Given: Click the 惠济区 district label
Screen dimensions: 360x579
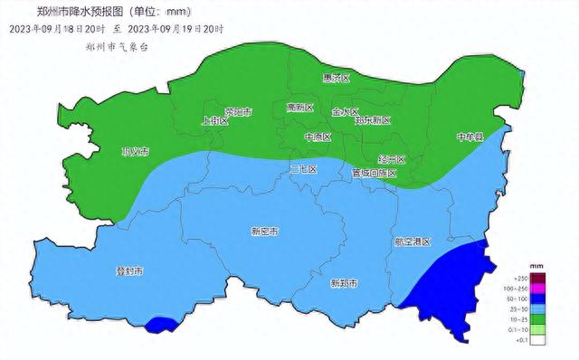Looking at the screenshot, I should tap(335, 79).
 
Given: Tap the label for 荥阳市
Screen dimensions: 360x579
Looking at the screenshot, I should tap(238, 112).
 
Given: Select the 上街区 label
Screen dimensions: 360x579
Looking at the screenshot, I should tap(214, 119).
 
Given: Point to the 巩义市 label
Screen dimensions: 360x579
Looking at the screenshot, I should tap(135, 151).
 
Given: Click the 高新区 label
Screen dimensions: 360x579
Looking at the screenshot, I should tap(299, 108).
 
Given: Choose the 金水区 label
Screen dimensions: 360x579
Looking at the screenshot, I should tap(346, 112).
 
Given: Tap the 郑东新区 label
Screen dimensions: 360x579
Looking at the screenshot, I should tap(372, 119).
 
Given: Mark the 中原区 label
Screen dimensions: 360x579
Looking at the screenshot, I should tap(318, 137).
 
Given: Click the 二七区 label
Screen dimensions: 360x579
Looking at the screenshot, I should tap(303, 169).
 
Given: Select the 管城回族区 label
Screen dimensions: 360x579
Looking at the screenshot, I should tap(374, 172).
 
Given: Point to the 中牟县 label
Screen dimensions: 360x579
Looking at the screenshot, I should tap(470, 137).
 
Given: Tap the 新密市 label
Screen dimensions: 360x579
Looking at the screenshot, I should tap(264, 232).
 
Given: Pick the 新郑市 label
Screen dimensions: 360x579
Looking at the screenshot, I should tap(343, 283).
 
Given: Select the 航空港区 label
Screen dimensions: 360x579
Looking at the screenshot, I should tap(413, 242).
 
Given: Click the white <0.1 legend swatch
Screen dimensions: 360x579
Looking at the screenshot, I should tap(536, 341).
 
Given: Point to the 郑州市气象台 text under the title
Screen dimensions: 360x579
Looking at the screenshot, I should tap(115, 45).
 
